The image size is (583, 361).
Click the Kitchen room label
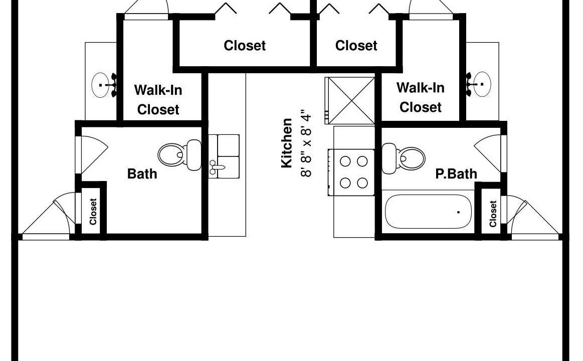click(286, 143)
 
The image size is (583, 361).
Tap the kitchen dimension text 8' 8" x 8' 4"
click(306, 143)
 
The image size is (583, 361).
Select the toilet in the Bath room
click(179, 155)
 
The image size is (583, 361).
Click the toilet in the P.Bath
click(404, 158)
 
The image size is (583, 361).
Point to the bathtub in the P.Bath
click(428, 212)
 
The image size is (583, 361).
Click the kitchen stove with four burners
click(351, 172)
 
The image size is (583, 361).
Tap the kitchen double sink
click(224, 156)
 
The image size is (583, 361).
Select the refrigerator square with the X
click(349, 100)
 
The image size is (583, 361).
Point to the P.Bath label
click(456, 173)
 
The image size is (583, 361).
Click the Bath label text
click(142, 173)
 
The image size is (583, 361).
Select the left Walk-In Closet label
click(158, 100)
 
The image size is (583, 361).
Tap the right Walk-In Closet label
click(421, 97)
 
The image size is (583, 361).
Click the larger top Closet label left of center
click(245, 45)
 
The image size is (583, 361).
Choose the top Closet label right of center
click(356, 45)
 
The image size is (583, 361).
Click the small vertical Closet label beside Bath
click(93, 212)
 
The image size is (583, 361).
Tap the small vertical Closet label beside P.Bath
click(493, 214)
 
